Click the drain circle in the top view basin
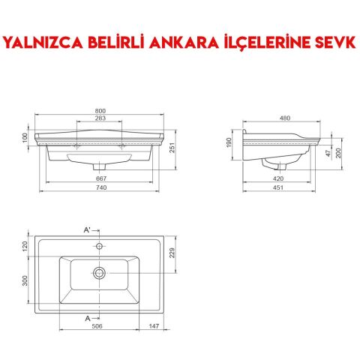pyautogui.click(x=98, y=271)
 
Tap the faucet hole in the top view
pyautogui.click(x=98, y=244)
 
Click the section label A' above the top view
pyautogui.click(x=88, y=227)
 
